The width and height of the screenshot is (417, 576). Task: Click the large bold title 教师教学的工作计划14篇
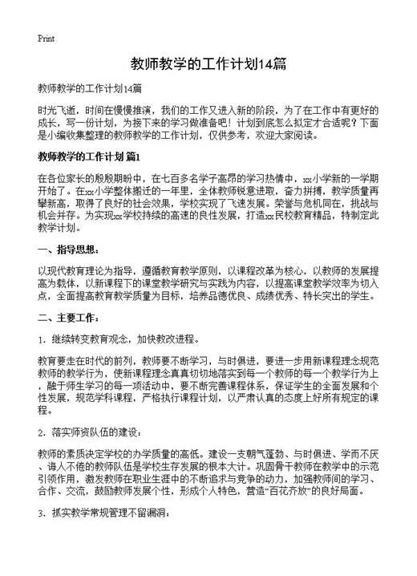(208, 65)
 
